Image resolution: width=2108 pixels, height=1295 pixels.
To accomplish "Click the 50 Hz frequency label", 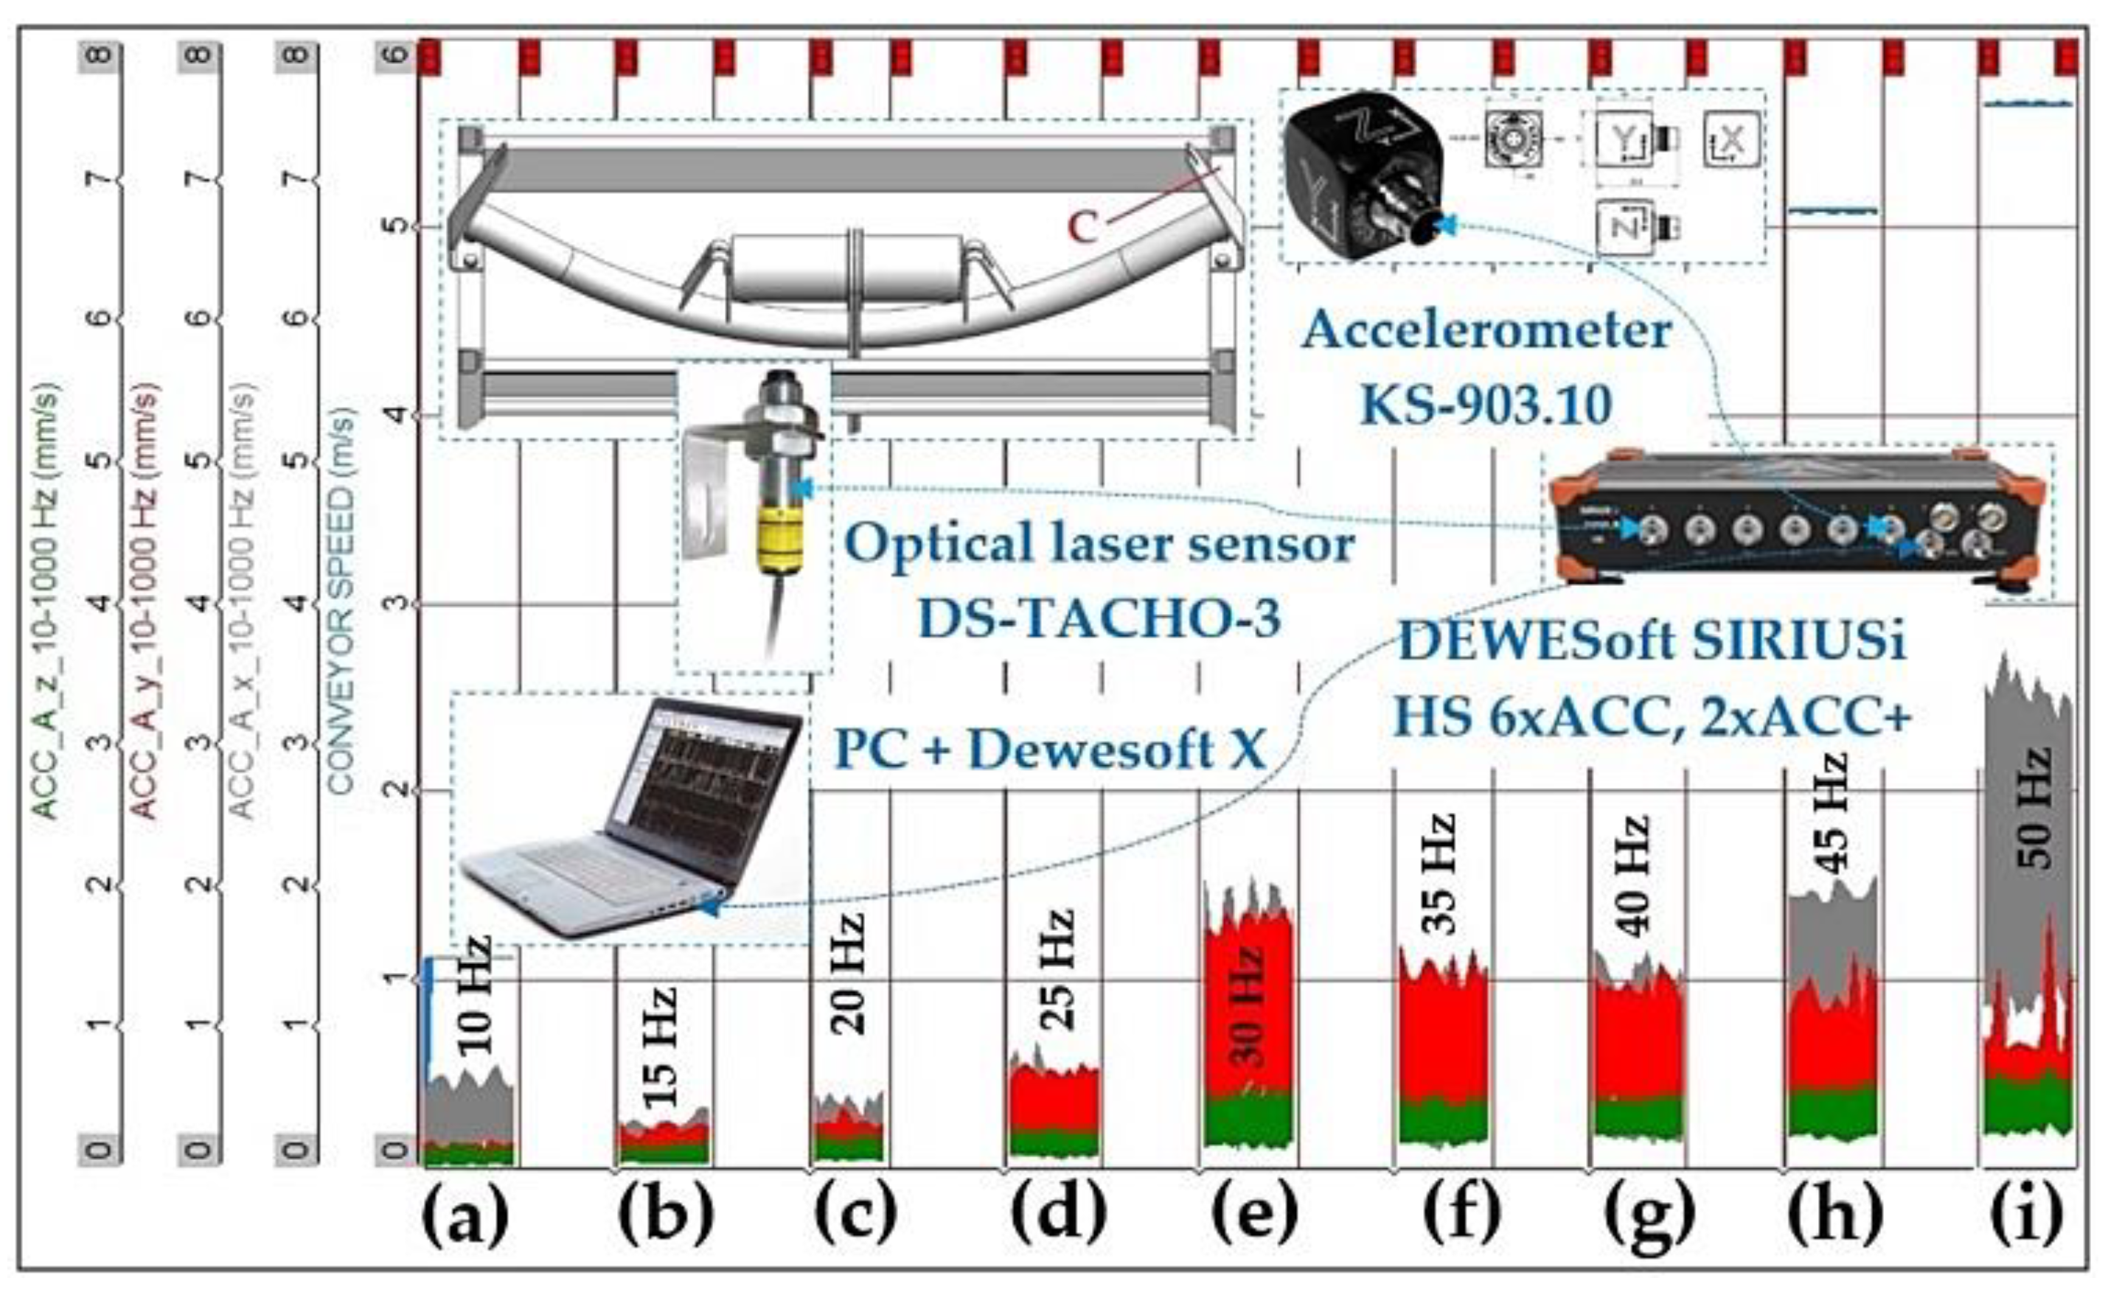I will tap(2034, 809).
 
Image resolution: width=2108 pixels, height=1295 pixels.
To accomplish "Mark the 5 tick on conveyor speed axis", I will tap(396, 226).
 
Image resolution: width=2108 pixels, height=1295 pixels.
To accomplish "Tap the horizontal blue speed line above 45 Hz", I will tap(1834, 210).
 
